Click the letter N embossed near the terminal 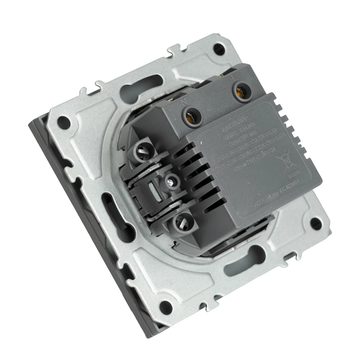(183, 102)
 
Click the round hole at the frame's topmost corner (217, 48)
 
